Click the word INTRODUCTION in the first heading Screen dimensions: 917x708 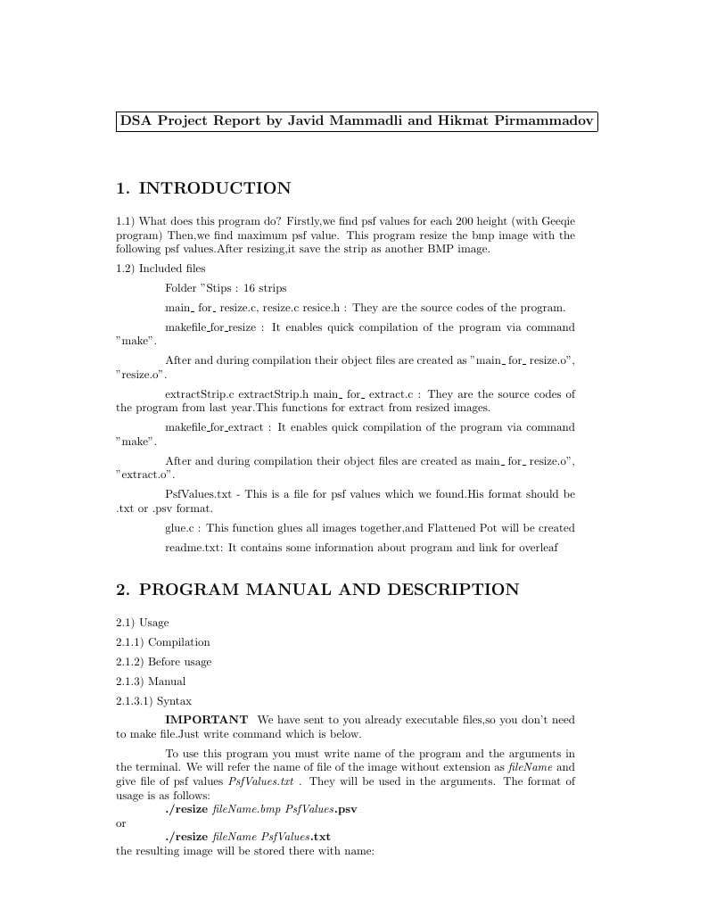tap(215, 188)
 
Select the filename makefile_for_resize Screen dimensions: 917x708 tap(210, 327)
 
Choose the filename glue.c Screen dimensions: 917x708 tap(179, 528)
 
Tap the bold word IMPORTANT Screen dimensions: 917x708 tap(206, 720)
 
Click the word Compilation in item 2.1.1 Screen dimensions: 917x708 tap(179, 642)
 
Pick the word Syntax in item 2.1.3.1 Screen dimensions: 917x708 tap(174, 701)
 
